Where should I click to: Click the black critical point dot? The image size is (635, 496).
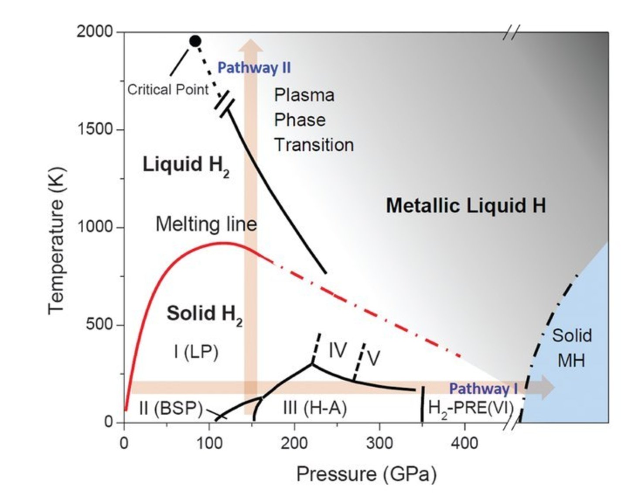click(195, 41)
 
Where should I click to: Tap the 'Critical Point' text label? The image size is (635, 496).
click(168, 90)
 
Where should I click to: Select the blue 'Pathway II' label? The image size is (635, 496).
click(254, 68)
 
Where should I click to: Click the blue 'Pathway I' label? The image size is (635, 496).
click(483, 388)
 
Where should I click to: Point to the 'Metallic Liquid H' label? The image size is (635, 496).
click(466, 205)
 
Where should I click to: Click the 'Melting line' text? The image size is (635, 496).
click(206, 224)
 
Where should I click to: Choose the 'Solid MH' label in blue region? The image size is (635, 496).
click(572, 348)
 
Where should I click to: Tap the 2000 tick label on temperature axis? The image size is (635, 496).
click(95, 31)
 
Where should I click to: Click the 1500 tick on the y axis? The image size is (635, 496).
click(95, 129)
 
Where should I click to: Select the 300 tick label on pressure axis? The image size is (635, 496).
click(379, 444)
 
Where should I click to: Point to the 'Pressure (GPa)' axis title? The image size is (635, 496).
click(366, 474)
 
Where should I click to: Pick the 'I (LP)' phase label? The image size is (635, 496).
click(196, 352)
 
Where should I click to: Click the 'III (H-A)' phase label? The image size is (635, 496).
click(315, 408)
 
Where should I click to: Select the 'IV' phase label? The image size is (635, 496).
click(338, 350)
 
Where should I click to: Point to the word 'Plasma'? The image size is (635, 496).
click(304, 95)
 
